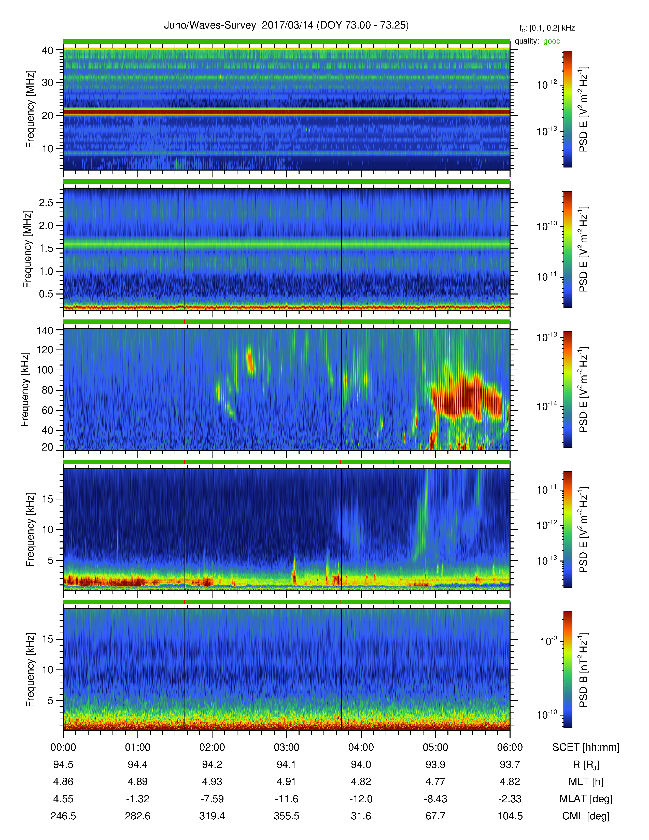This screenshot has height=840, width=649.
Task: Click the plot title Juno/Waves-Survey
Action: click(210, 25)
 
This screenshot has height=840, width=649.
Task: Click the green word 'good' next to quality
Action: click(552, 41)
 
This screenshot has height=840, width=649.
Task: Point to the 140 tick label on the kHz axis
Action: click(45, 331)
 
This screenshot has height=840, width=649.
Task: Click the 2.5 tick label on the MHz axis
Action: click(46, 203)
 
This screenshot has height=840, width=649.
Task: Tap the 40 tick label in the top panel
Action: click(47, 50)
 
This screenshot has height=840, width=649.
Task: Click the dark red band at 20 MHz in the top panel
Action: click(286, 112)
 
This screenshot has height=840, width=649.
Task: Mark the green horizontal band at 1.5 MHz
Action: click(286, 244)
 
